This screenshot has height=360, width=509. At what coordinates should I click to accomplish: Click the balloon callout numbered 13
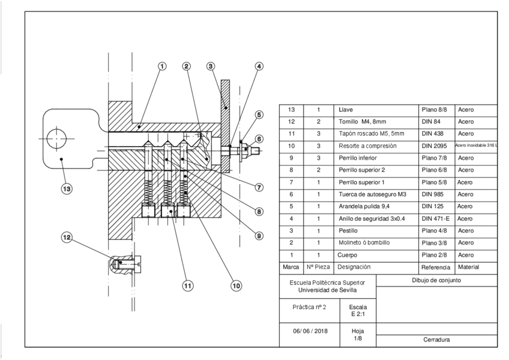67,189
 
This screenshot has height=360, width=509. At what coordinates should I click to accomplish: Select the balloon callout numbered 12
67,237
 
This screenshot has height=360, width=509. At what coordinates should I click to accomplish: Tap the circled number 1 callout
162,66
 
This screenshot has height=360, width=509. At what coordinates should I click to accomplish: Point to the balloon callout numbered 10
236,286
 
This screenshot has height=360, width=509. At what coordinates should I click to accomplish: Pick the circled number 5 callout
259,115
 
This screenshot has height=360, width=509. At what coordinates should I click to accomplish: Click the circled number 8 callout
259,212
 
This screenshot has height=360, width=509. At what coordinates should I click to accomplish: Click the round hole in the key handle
56,139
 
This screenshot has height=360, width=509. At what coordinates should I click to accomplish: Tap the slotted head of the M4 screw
139,263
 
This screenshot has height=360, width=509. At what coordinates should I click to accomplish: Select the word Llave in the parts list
346,110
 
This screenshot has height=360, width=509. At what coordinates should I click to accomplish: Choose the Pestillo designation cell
348,231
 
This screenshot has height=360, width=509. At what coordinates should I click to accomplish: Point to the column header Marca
291,267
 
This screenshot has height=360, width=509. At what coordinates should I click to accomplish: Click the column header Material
468,267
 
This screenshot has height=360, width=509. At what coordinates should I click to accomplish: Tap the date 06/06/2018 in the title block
310,331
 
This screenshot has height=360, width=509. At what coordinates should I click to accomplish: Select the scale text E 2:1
358,314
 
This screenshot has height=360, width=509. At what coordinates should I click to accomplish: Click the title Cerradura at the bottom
436,340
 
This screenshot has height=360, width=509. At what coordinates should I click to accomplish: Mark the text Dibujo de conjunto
436,280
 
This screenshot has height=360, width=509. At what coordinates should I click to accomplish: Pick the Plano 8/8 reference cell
434,110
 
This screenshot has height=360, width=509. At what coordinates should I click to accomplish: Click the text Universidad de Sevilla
327,290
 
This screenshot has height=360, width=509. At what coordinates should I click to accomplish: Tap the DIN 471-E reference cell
436,219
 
